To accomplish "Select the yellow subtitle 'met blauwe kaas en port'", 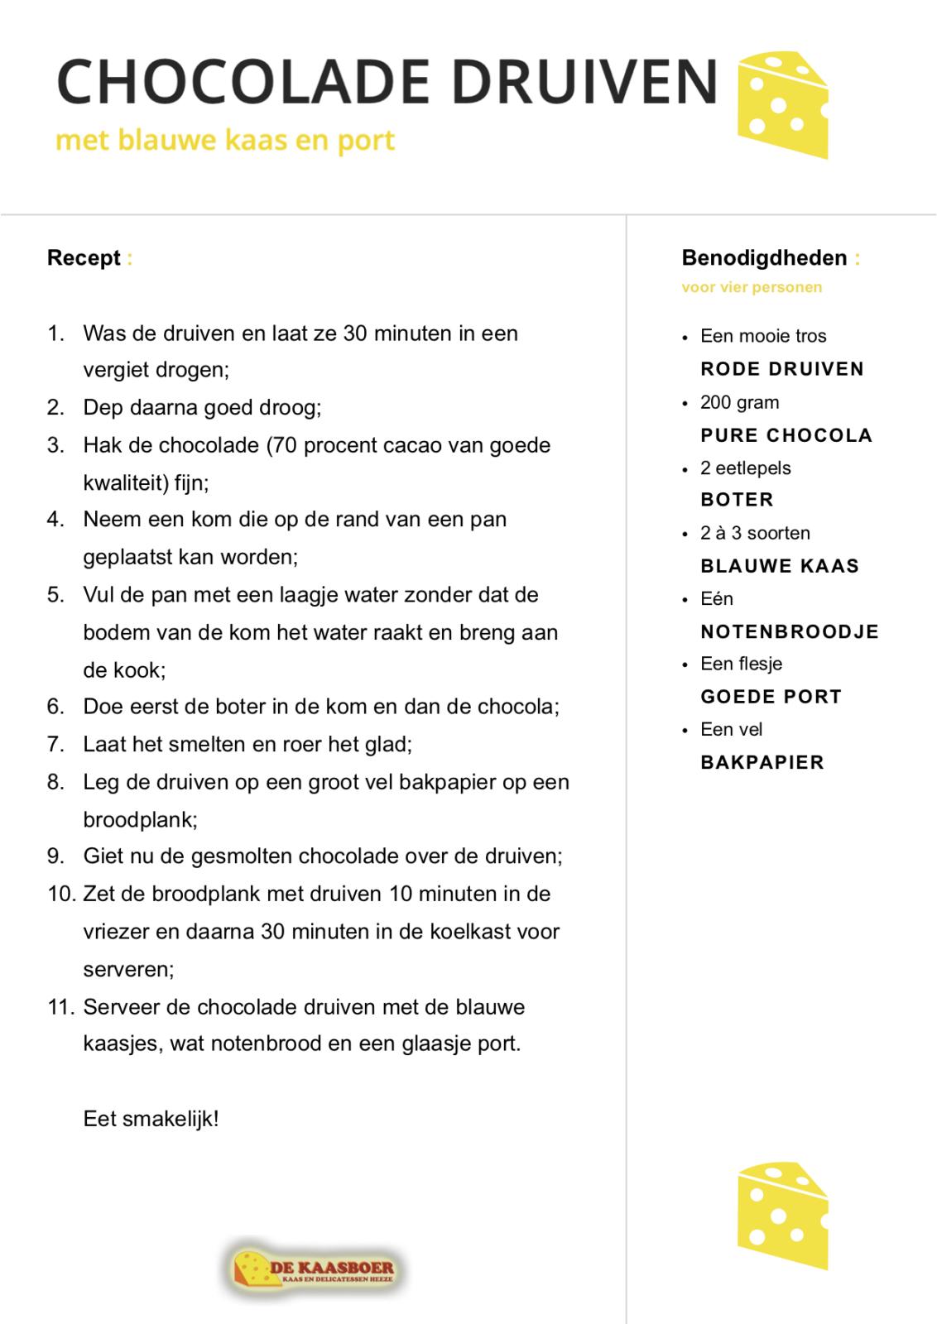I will (x=225, y=140).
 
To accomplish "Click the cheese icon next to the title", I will (x=782, y=103).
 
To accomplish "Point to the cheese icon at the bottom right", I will (x=782, y=1215).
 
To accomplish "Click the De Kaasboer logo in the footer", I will (x=314, y=1268).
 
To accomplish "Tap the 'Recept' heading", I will (x=84, y=258).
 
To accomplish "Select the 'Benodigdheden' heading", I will (x=764, y=258).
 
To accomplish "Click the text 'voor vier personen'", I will (x=752, y=288).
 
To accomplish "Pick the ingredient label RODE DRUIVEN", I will (x=782, y=369).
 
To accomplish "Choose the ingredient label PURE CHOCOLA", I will (x=786, y=435).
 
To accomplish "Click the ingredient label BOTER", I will (x=737, y=500).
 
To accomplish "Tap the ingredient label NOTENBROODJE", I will (x=790, y=631).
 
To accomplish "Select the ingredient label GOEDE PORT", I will (x=771, y=697).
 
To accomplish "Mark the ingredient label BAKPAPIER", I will (x=762, y=762).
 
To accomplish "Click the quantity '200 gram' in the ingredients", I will (x=739, y=403).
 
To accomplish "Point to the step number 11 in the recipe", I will (x=61, y=1007).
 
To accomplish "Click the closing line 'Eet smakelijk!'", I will (x=151, y=1120).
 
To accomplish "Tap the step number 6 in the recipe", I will (x=55, y=707).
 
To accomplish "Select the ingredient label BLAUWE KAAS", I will (x=780, y=566).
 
